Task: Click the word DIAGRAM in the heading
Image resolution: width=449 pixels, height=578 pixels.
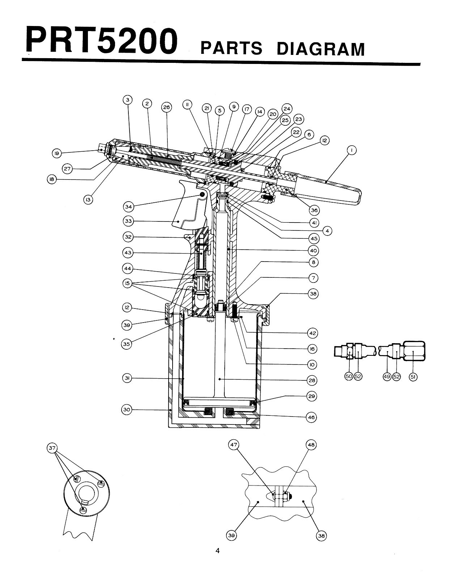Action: pos(320,49)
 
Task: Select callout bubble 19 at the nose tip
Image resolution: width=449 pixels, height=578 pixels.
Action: pos(56,154)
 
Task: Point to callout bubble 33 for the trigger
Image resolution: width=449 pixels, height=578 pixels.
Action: pos(128,221)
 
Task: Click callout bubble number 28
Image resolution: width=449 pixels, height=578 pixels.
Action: pos(312,380)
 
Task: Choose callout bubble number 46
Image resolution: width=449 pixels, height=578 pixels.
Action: pos(312,417)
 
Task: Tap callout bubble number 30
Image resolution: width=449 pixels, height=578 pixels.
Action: pos(127,410)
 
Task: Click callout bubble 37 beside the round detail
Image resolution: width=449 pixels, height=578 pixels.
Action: pos(52,449)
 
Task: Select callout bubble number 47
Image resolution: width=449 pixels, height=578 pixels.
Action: pos(234,445)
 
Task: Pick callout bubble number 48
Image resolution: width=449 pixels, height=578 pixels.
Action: pos(311,445)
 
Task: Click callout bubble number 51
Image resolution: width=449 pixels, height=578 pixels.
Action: pos(413,376)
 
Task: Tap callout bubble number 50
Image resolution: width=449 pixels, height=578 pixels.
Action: pos(349,376)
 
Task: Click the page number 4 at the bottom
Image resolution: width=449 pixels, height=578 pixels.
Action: pos(217,551)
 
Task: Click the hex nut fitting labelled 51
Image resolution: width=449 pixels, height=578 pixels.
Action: pos(414,351)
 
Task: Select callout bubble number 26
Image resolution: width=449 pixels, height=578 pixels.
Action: pos(166,107)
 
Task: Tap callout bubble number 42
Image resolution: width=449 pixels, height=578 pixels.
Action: pos(312,333)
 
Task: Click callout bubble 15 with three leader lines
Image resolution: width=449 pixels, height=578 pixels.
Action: pos(127,284)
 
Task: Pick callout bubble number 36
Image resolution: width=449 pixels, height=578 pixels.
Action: pos(314,210)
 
